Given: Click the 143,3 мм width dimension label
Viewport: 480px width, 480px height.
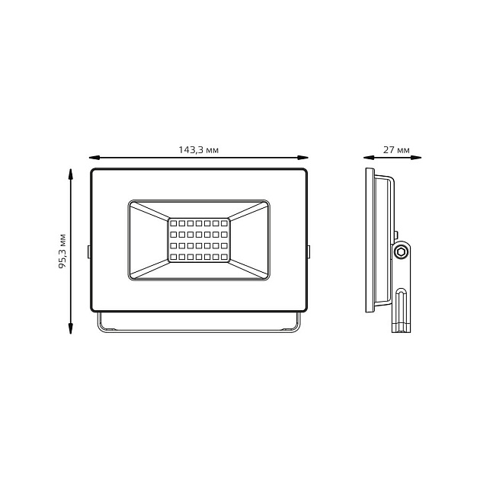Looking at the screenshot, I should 198,150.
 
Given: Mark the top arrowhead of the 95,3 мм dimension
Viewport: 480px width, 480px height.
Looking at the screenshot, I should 71,174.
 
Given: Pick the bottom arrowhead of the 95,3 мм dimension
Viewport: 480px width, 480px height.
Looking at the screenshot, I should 71,328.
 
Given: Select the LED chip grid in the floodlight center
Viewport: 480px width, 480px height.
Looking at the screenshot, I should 198,240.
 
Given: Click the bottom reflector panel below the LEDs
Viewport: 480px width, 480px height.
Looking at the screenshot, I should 198,270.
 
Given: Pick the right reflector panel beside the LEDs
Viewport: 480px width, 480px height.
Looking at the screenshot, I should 248,240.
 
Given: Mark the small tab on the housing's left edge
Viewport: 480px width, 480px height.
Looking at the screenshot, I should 89,251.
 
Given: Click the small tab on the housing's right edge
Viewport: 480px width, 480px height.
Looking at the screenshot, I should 309,251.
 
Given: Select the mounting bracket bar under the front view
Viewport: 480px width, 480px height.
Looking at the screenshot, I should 198,330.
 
